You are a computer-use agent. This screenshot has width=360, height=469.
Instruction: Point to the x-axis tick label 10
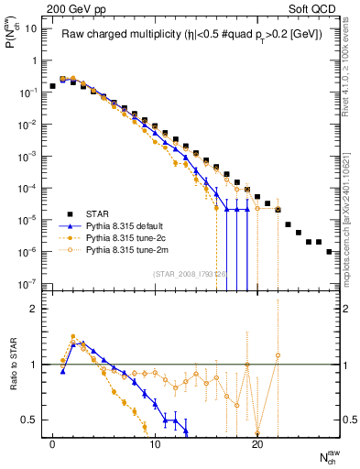154,442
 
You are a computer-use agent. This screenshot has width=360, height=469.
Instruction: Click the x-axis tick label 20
256,442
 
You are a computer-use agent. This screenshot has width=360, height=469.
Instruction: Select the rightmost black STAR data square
329,251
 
